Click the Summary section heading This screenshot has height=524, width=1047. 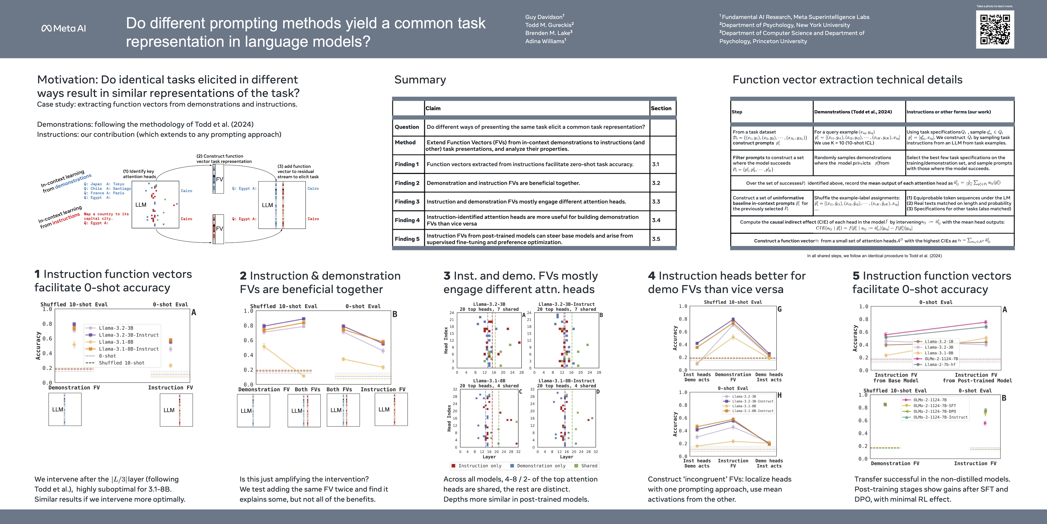point(420,80)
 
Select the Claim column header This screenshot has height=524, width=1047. point(433,108)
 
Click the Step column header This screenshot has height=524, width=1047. point(737,112)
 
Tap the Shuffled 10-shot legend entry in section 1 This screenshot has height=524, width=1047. point(121,363)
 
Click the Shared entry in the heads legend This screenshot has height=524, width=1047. point(589,466)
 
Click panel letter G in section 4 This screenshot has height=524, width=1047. point(780,309)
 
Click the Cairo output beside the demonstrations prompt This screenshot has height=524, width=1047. point(186,191)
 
